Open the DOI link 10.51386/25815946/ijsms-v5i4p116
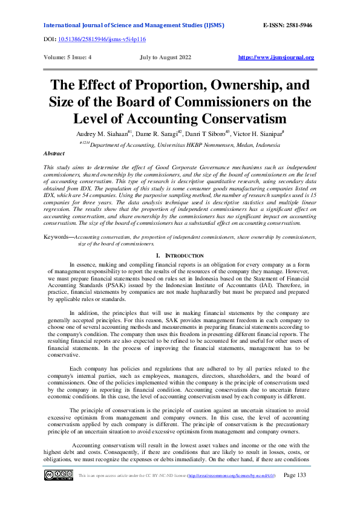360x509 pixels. pos(102,38)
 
